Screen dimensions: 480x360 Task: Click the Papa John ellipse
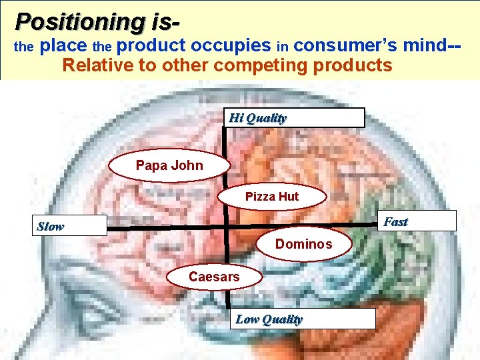[x=169, y=165]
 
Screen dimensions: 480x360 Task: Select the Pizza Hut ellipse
[x=272, y=197]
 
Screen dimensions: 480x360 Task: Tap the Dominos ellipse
[x=303, y=244]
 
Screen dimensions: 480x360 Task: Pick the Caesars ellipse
[x=214, y=276]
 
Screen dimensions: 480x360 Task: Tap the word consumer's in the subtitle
[x=347, y=46]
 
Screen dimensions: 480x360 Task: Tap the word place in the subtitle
[x=63, y=46]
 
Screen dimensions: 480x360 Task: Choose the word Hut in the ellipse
[x=289, y=197]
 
